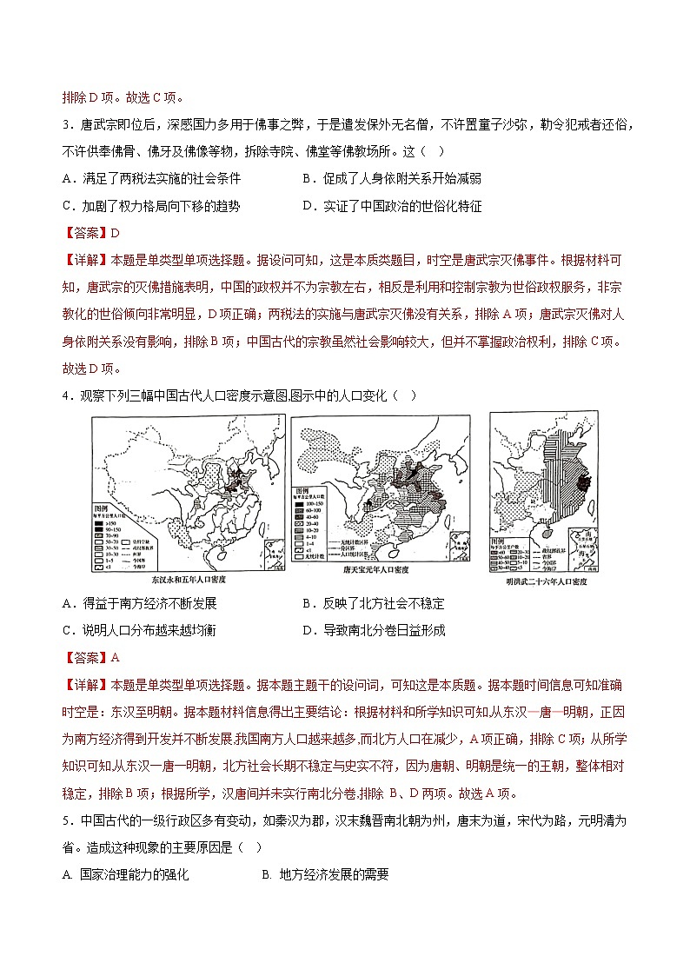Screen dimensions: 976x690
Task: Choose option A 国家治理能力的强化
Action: [x=125, y=875]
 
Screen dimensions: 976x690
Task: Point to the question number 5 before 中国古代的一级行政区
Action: [x=67, y=820]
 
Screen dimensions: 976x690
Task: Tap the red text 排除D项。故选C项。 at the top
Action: [x=123, y=97]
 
